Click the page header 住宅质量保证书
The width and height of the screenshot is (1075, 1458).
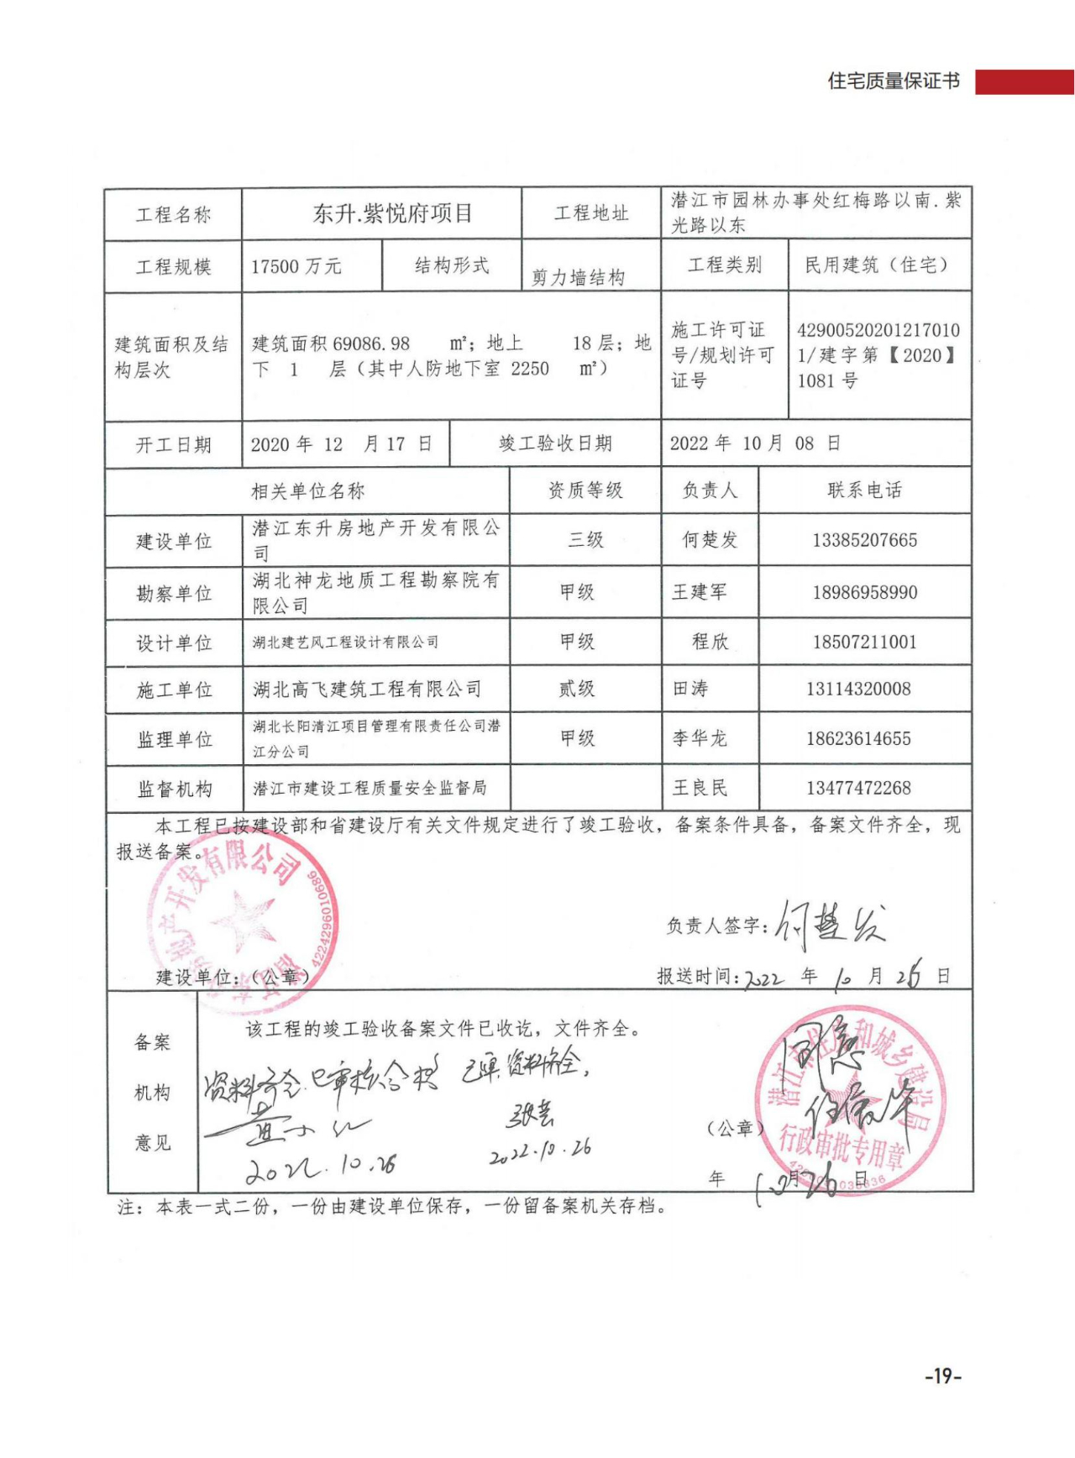pos(893,81)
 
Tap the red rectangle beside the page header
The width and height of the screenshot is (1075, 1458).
pos(1024,81)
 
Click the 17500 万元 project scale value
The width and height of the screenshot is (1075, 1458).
pos(296,266)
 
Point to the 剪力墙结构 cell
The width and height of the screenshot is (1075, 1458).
pos(578,277)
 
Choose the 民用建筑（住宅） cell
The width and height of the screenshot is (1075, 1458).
pos(878,265)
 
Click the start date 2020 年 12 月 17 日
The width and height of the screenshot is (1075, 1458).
pos(341,443)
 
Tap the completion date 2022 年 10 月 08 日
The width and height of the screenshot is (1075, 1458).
pos(754,443)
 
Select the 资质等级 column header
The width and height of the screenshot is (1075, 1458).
pos(585,490)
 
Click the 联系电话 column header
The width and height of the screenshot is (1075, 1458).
pos(864,490)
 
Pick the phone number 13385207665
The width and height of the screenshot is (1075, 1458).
pos(864,540)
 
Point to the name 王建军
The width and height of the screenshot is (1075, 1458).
pos(699,592)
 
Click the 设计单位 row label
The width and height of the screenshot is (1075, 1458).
pos(174,642)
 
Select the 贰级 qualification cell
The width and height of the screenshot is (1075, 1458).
pos(577,689)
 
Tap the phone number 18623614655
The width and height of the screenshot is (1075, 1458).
pos(858,738)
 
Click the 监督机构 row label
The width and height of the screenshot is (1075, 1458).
pos(174,789)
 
